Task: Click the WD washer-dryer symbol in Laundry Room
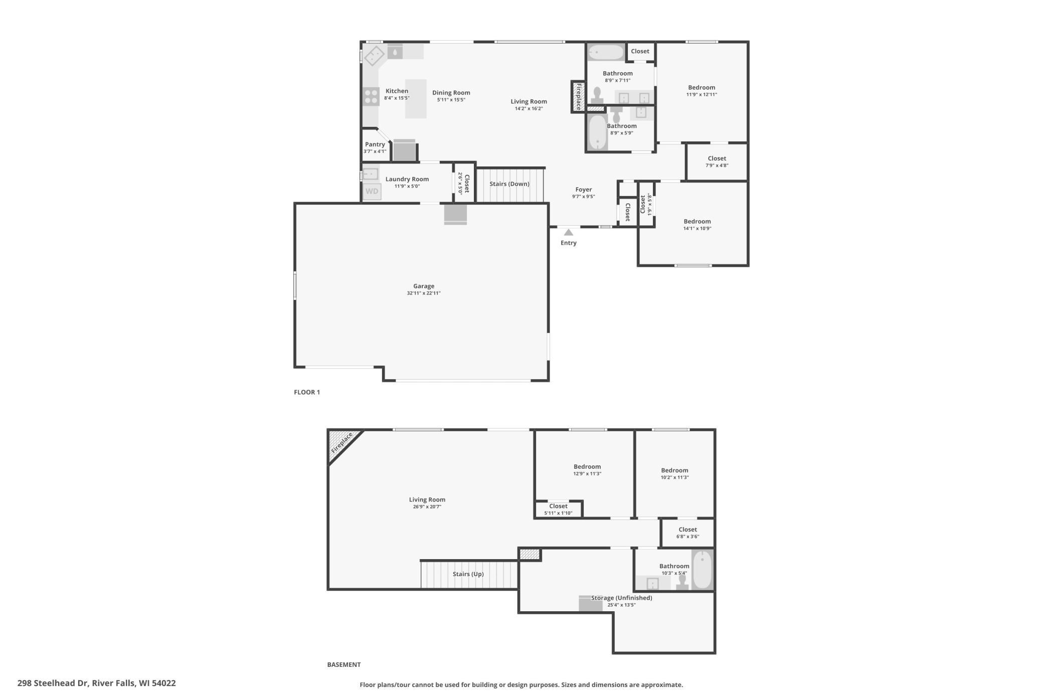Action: pos(372,192)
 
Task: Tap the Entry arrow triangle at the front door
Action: pos(568,232)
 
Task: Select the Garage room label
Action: pos(424,286)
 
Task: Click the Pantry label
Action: pos(375,144)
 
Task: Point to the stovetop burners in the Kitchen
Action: pos(371,96)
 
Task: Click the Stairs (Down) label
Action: pos(509,184)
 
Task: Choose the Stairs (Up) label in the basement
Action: pos(468,574)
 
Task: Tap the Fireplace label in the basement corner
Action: pos(341,443)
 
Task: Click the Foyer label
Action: pos(584,190)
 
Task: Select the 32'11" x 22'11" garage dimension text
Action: pos(424,293)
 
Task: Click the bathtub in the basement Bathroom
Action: pos(702,569)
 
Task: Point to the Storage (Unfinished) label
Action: pos(622,598)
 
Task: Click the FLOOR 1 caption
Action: pos(307,392)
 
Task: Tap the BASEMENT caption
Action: pos(344,664)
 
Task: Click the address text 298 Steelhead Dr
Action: pos(54,683)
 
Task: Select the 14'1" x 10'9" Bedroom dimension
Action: pos(697,229)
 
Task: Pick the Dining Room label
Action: pos(451,93)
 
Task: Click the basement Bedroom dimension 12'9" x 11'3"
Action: pos(587,474)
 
